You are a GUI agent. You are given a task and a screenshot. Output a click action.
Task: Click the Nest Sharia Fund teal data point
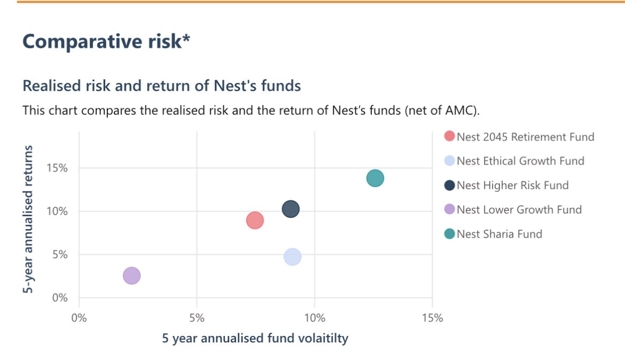pyautogui.click(x=375, y=178)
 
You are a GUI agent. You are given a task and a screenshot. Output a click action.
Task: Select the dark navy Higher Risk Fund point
pyautogui.click(x=290, y=209)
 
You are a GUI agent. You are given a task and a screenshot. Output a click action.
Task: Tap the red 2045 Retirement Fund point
pyautogui.click(x=255, y=220)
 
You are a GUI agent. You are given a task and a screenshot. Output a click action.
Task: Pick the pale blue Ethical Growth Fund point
pyautogui.click(x=292, y=257)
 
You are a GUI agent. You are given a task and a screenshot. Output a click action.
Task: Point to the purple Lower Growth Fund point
pyautogui.click(x=131, y=276)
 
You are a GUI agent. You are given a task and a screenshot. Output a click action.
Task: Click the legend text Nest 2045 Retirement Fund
pyautogui.click(x=525, y=137)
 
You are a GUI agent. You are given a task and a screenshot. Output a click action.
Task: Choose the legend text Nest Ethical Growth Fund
pyautogui.click(x=520, y=161)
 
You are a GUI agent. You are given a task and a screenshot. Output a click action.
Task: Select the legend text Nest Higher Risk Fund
pyautogui.click(x=512, y=185)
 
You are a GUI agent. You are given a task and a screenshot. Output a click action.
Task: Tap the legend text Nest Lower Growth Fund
pyautogui.click(x=519, y=209)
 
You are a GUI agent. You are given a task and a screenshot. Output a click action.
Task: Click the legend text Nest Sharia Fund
pyautogui.click(x=499, y=234)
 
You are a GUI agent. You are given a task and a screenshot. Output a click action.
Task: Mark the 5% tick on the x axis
pyautogui.click(x=197, y=318)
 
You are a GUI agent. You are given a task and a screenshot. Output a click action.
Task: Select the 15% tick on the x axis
pyautogui.click(x=432, y=318)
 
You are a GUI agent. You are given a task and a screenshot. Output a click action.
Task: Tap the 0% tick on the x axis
pyautogui.click(x=79, y=318)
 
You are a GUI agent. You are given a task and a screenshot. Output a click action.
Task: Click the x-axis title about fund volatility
pyautogui.click(x=255, y=339)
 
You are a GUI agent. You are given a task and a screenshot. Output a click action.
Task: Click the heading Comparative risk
pyautogui.click(x=106, y=42)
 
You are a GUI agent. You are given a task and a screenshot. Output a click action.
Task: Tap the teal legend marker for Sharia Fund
pyautogui.click(x=449, y=234)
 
